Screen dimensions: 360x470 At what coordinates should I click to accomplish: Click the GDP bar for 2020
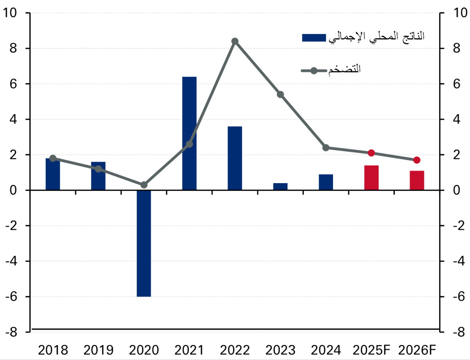pyautogui.click(x=144, y=243)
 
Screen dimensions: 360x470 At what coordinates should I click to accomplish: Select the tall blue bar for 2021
pyautogui.click(x=189, y=133)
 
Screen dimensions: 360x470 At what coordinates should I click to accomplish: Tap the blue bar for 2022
pyautogui.click(x=235, y=158)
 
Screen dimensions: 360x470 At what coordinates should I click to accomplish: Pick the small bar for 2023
pyautogui.click(x=280, y=187)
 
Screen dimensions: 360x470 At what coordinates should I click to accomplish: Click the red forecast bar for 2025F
pyautogui.click(x=371, y=178)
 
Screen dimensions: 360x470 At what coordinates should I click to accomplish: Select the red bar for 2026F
pyautogui.click(x=417, y=180)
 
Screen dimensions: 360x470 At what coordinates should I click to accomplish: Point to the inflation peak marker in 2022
pyautogui.click(x=235, y=41)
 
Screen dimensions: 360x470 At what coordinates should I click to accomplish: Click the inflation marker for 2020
pyautogui.click(x=144, y=185)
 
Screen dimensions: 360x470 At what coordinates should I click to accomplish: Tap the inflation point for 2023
pyautogui.click(x=280, y=94)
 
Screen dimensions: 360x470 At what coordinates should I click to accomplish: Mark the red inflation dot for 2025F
pyautogui.click(x=371, y=153)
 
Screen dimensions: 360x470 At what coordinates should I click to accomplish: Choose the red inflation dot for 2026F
pyautogui.click(x=417, y=160)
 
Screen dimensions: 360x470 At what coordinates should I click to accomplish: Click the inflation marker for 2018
pyautogui.click(x=53, y=158)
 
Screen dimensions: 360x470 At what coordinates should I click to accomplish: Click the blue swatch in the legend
pyautogui.click(x=314, y=37)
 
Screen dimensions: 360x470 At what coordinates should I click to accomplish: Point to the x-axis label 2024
pyautogui.click(x=326, y=349)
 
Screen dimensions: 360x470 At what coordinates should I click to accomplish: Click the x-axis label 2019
pyautogui.click(x=98, y=349)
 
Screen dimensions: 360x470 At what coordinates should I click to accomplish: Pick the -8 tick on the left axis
pyautogui.click(x=11, y=332)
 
